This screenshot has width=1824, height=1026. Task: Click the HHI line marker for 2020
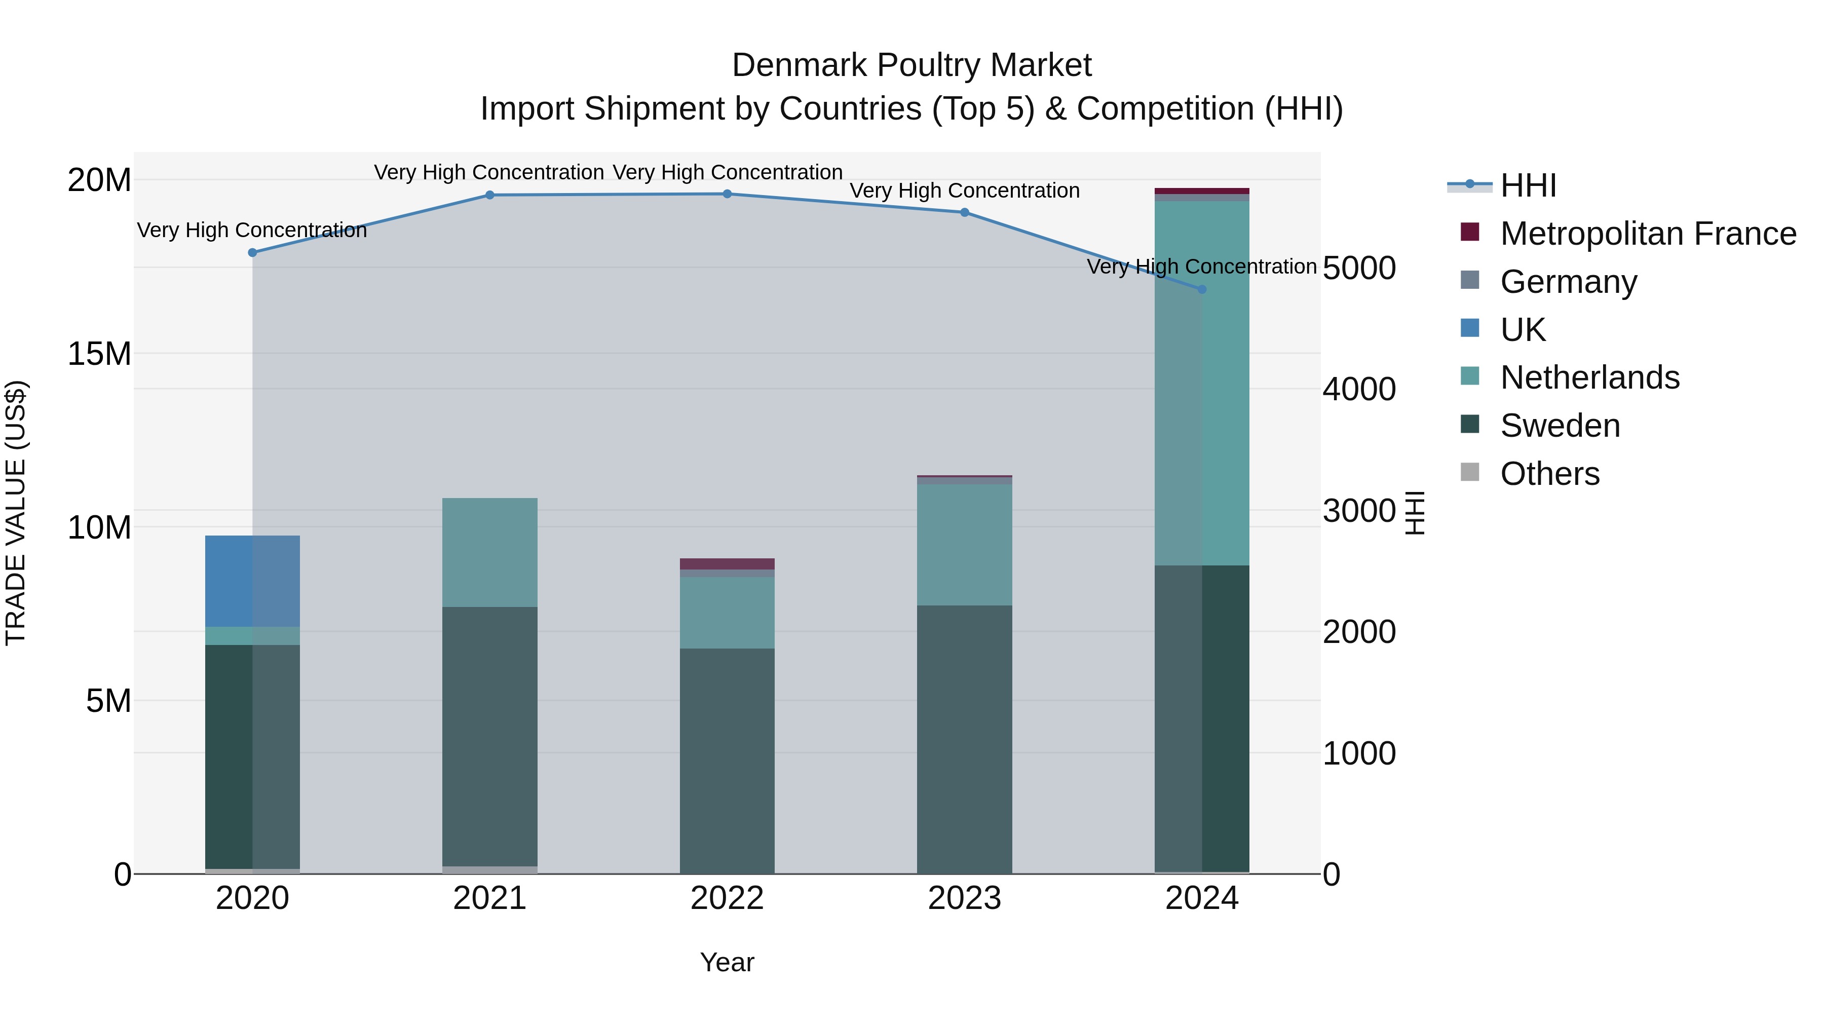click(x=252, y=252)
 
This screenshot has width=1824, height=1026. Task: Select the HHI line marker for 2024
click(x=1202, y=290)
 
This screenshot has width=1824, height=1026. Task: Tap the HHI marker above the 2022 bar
click(x=727, y=194)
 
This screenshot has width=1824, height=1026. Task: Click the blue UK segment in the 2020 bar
click(x=252, y=581)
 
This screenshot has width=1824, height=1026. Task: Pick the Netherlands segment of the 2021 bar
click(x=489, y=552)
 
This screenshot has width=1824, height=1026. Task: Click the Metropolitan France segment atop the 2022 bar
click(x=727, y=563)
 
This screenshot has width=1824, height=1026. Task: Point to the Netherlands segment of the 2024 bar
click(x=1202, y=383)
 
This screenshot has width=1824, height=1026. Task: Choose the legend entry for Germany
click(x=1568, y=282)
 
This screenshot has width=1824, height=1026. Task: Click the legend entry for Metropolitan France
click(x=1647, y=234)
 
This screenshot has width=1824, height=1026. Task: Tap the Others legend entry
click(x=1549, y=474)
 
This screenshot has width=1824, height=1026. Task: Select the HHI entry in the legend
click(x=1528, y=185)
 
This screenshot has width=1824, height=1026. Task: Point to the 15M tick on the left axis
click(x=99, y=353)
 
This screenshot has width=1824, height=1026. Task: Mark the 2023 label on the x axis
click(x=964, y=898)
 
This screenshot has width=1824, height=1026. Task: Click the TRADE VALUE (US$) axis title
click(x=16, y=513)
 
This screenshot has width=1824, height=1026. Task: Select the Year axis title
click(x=727, y=962)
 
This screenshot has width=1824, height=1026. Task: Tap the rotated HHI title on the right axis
click(x=1414, y=513)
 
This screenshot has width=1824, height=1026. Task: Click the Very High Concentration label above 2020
click(x=252, y=230)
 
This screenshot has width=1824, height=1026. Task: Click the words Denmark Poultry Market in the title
click(x=911, y=65)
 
